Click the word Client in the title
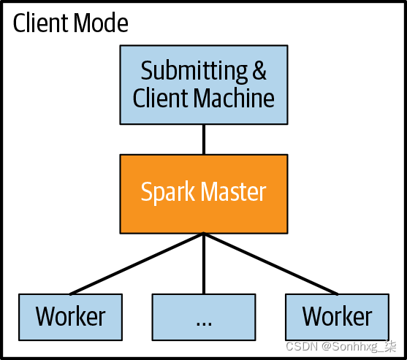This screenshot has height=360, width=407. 40,23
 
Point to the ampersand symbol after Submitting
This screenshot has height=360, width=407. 259,72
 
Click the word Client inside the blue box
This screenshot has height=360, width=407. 161,98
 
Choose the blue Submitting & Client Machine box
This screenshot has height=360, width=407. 204,85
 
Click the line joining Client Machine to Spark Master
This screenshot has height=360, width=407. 204,138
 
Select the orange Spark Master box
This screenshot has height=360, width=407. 204,193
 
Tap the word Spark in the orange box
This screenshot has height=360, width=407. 166,193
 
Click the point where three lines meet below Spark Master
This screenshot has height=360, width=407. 204,234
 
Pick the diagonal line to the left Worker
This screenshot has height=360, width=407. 139,264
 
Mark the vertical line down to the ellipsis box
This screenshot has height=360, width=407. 204,267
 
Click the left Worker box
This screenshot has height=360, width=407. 70,317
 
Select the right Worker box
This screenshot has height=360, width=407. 337,317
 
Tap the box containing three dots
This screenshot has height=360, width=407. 204,317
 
